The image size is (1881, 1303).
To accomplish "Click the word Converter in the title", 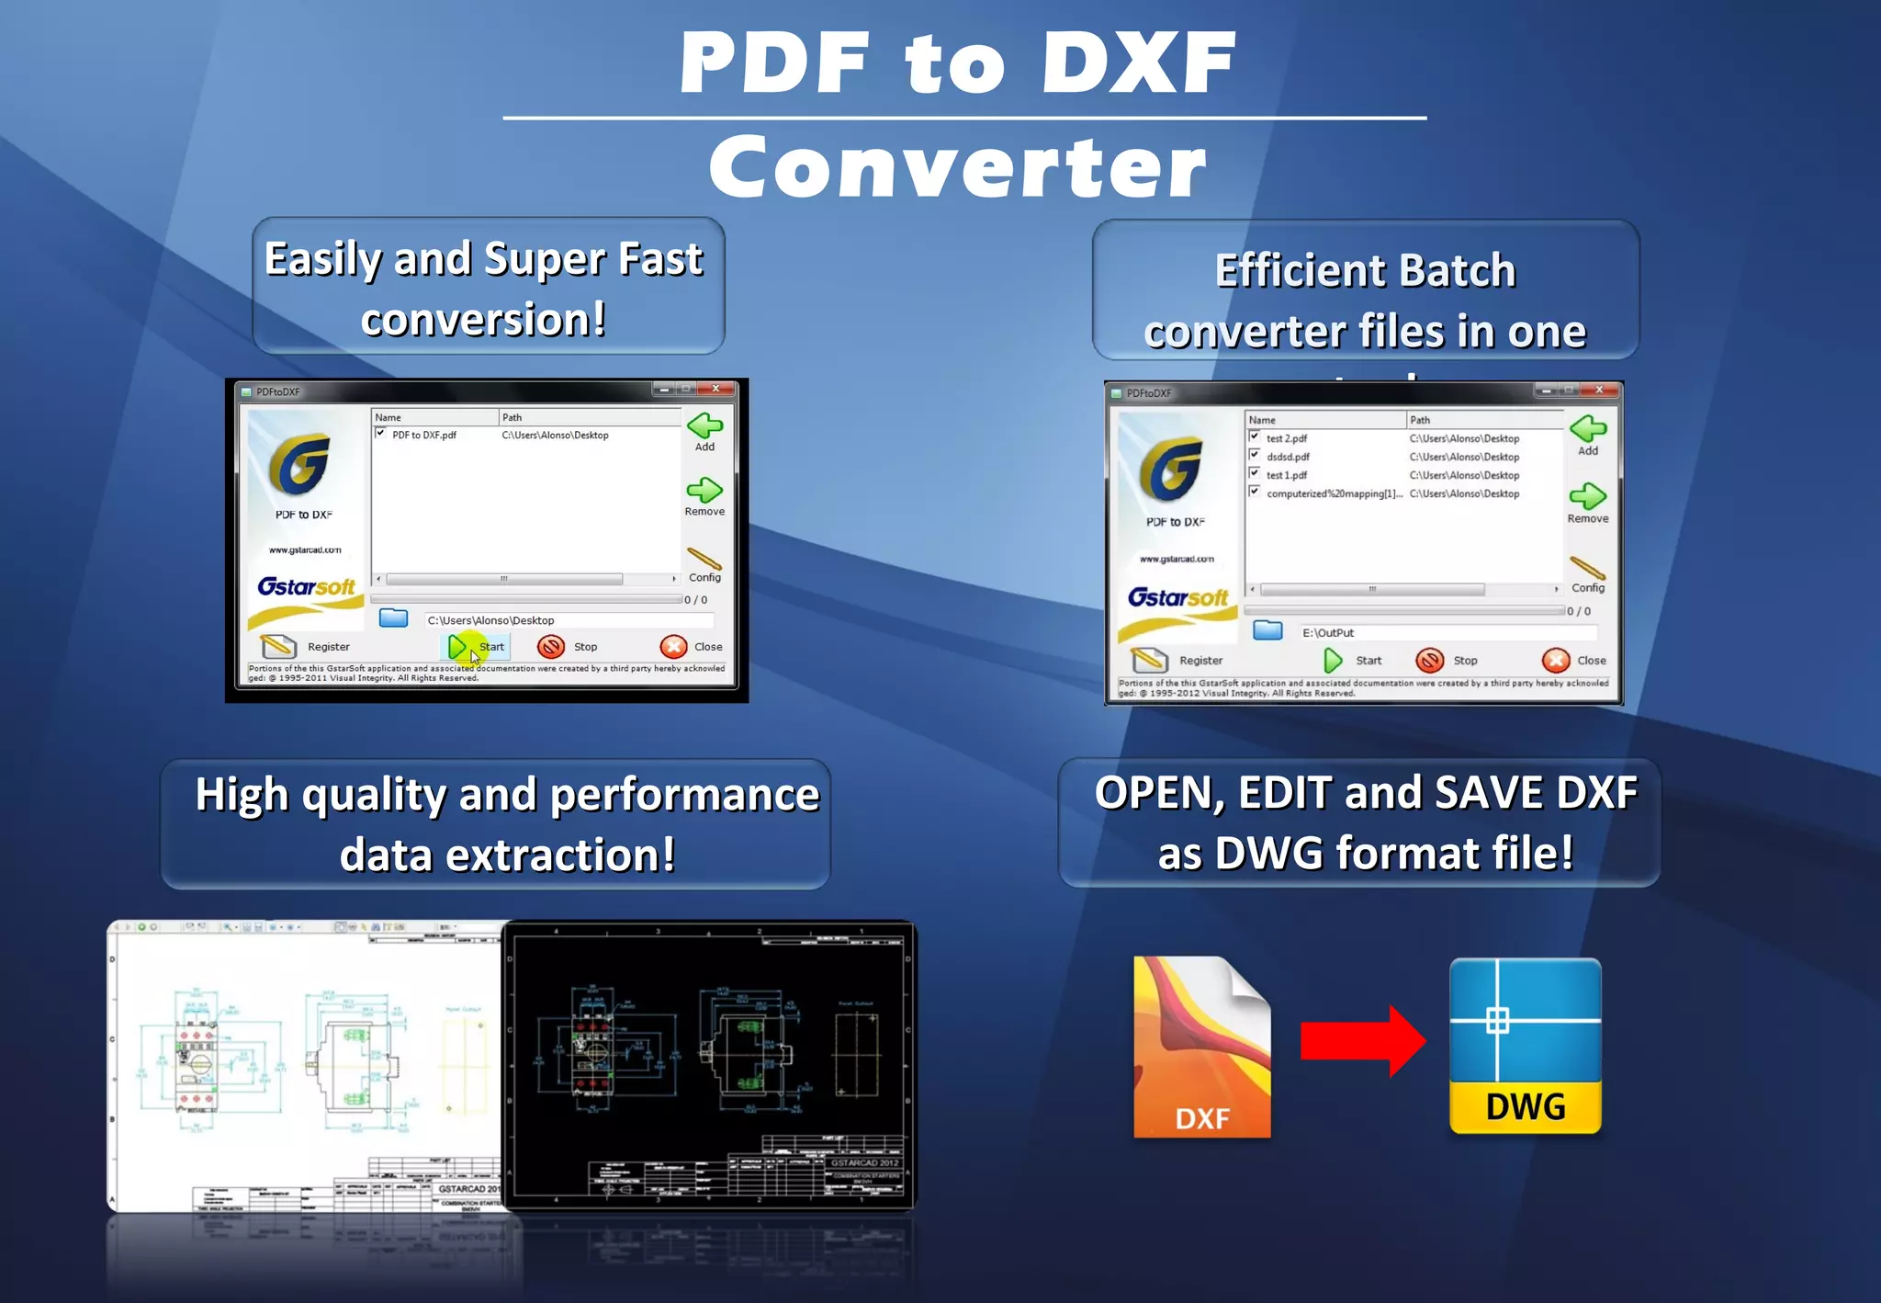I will point(957,167).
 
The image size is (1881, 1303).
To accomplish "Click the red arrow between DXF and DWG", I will point(1362,1040).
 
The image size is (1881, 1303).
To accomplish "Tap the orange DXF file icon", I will point(1201,1047).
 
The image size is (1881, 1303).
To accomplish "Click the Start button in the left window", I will point(477,647).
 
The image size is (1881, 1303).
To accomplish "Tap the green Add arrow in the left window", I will point(704,426).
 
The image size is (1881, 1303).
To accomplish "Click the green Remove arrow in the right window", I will point(1587,497).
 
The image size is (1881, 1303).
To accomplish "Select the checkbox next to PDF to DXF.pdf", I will point(380,434).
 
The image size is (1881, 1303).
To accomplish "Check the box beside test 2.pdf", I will point(1255,437).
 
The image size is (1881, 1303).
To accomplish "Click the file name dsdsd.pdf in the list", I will point(1288,457).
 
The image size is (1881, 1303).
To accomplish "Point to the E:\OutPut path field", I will point(1447,633).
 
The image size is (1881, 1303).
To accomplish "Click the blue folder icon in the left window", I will point(393,618).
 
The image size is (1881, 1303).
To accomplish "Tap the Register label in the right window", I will point(1200,661).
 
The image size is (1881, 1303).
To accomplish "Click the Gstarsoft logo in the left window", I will point(306,587).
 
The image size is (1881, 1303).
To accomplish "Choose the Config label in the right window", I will point(1587,588).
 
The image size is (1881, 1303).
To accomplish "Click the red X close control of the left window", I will point(715,389).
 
